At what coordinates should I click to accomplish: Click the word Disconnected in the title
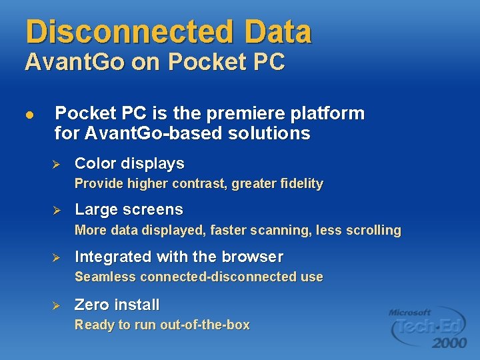click(126, 31)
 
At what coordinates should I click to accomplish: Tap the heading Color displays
click(129, 163)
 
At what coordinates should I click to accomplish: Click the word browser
click(252, 257)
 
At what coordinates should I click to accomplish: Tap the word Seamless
click(105, 277)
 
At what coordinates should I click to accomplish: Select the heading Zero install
click(117, 305)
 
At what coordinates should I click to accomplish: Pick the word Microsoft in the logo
click(411, 312)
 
